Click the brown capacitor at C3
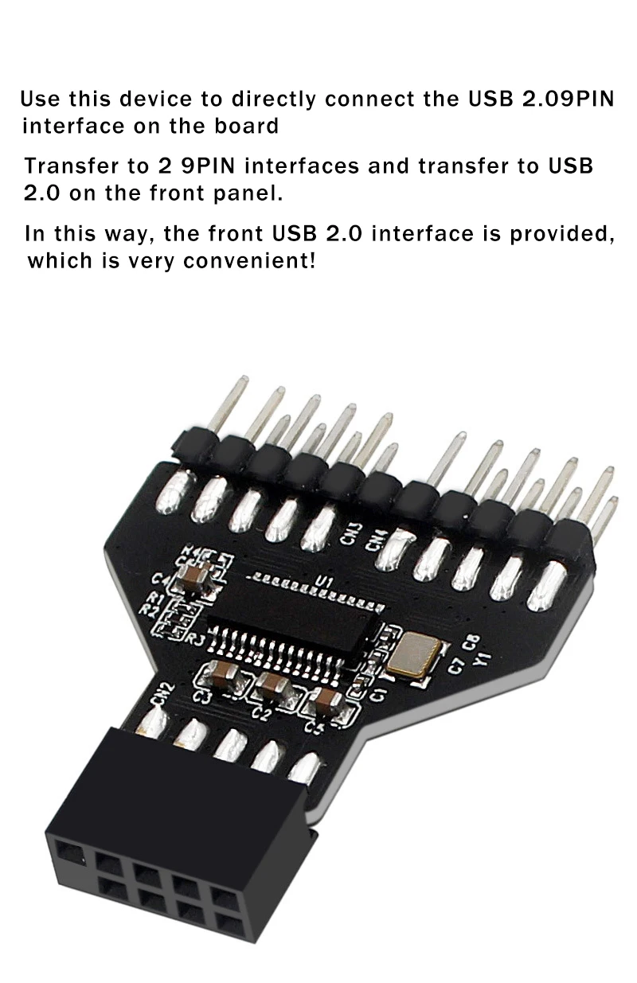coord(219,677)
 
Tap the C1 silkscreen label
coord(379,689)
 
